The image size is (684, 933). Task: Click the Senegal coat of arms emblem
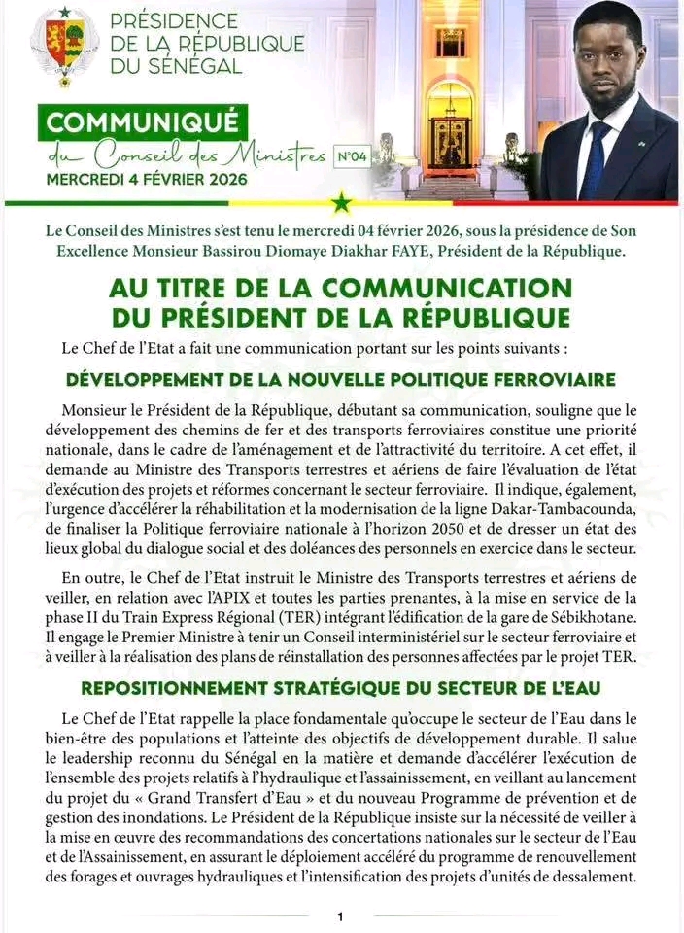[64, 46]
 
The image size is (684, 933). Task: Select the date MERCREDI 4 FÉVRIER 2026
[146, 180]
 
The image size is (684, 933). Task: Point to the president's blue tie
[595, 155]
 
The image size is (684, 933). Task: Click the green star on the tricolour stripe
[342, 203]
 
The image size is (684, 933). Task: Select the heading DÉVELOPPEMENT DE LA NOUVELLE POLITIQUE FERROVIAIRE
[341, 378]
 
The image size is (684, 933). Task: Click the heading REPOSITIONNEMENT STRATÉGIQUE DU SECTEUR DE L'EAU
[341, 689]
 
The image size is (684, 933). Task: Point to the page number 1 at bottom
[341, 916]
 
